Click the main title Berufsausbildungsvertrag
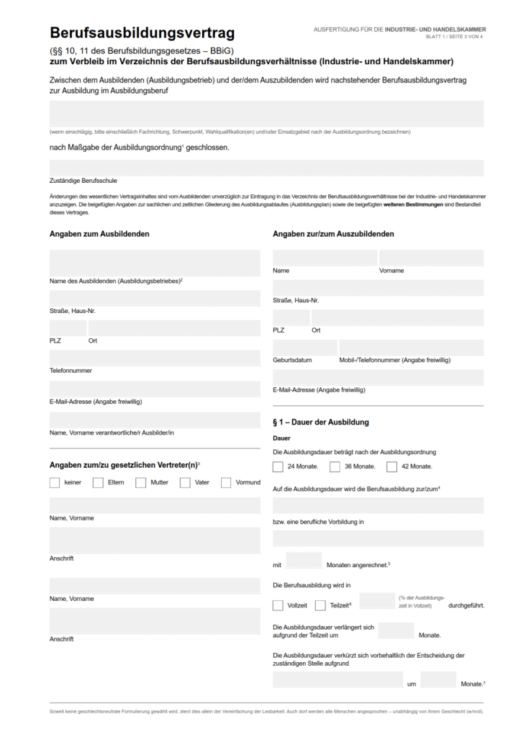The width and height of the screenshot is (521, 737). click(x=142, y=33)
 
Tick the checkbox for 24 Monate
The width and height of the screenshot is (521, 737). click(x=278, y=466)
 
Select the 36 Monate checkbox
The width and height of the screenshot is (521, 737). click(x=335, y=466)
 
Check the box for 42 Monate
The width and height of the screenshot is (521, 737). click(x=391, y=466)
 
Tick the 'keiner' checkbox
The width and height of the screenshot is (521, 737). click(x=55, y=482)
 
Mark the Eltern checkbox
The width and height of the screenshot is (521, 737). click(x=98, y=482)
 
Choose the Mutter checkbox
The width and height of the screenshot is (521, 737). click(x=141, y=482)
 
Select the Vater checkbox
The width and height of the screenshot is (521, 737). click(x=185, y=482)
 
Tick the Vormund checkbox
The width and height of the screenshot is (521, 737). click(x=226, y=482)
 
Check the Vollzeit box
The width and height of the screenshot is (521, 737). click(x=278, y=605)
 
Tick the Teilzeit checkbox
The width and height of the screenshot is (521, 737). click(x=320, y=605)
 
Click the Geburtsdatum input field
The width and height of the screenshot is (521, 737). click(x=305, y=348)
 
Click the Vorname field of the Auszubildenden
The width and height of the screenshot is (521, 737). click(x=431, y=258)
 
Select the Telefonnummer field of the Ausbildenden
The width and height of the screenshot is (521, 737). click(x=155, y=358)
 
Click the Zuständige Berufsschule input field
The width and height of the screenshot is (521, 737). click(x=266, y=168)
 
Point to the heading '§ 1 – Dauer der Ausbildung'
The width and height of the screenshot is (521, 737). click(x=321, y=422)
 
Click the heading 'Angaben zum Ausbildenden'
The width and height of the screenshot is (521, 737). click(x=99, y=234)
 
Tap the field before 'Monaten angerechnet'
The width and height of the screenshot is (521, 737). click(x=303, y=561)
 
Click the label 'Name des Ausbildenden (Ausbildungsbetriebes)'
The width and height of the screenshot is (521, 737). click(x=115, y=281)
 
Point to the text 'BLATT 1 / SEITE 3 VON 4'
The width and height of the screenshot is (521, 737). click(x=454, y=37)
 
